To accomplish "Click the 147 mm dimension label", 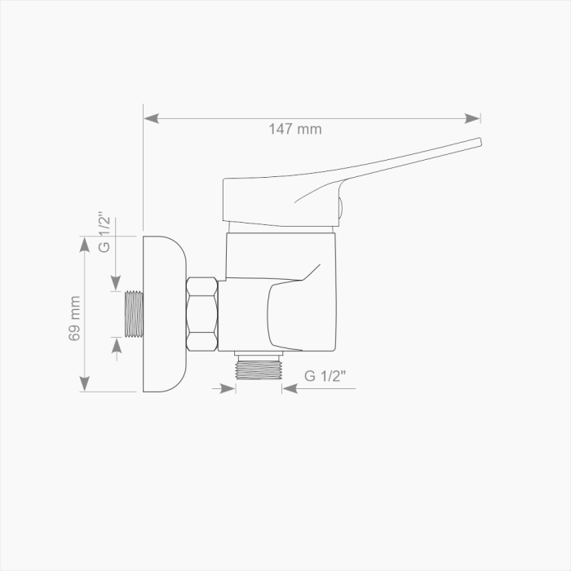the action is (295, 129).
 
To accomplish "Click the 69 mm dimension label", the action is (75, 318).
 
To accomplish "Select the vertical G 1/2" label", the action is (104, 232).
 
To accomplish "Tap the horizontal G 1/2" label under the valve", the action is (325, 376).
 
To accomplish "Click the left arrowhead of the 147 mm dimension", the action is (151, 118).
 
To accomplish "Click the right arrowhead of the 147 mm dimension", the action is (472, 118).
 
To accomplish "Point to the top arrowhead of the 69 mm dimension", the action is (85, 244).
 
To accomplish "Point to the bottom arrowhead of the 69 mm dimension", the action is (85, 384).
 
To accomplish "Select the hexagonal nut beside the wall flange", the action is (202, 314).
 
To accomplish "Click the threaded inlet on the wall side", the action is (134, 314).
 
